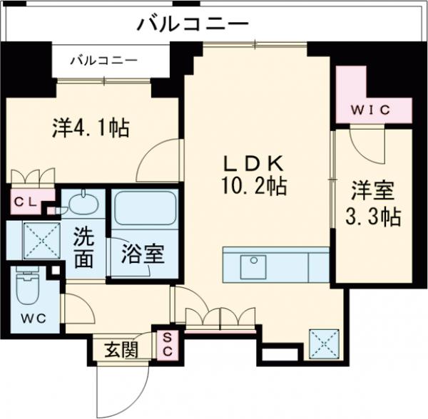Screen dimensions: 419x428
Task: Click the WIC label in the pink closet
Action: [371, 109]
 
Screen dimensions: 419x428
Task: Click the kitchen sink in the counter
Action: [253, 267]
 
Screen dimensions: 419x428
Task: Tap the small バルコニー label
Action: [103, 61]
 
